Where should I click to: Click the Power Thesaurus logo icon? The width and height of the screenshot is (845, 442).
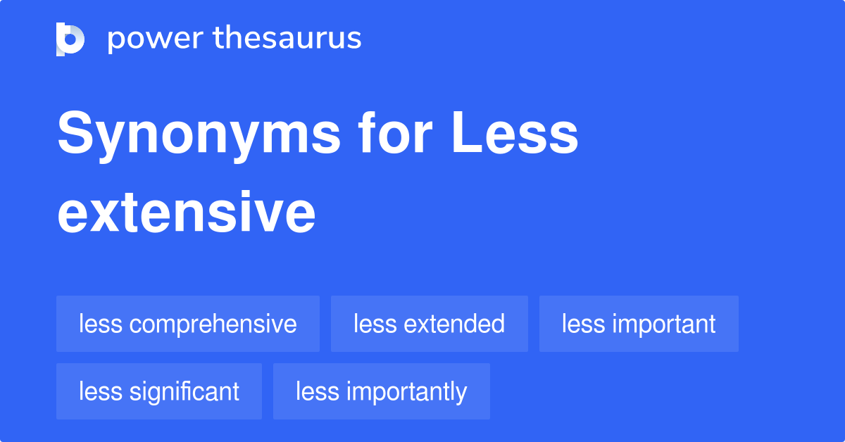70,39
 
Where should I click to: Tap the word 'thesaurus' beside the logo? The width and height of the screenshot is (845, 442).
287,39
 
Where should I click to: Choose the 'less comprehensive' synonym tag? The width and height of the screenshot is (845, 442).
188,324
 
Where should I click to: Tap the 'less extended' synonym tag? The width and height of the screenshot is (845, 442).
430,324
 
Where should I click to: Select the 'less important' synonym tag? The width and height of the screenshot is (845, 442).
639,324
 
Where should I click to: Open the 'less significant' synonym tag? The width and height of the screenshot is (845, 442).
159,391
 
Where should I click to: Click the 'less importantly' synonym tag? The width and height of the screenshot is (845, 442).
381,391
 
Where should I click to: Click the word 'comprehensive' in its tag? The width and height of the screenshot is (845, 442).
213,324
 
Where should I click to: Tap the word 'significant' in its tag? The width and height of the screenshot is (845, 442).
184,391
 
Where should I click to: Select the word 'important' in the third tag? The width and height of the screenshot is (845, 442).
663,324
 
